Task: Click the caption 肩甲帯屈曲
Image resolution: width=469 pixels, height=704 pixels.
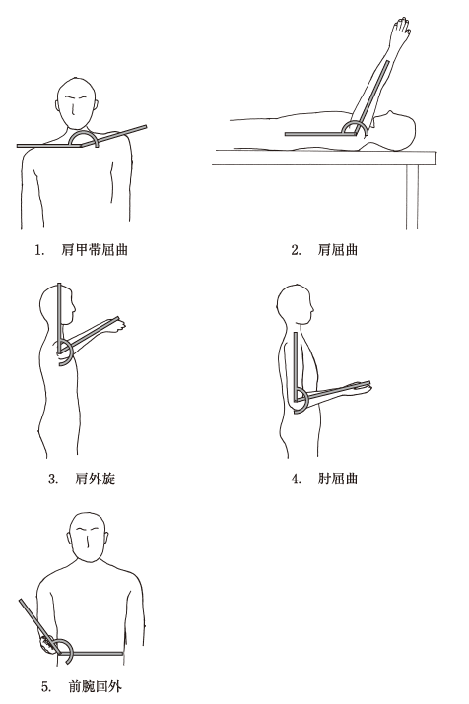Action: tap(95, 250)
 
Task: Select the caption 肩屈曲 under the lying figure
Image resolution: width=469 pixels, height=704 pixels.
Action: tap(337, 250)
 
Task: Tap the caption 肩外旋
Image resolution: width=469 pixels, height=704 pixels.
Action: tap(95, 479)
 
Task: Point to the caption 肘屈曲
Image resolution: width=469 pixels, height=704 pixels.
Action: tap(337, 479)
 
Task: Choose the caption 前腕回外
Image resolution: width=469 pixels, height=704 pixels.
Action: tap(95, 686)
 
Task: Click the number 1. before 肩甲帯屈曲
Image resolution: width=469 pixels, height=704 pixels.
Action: tap(40, 250)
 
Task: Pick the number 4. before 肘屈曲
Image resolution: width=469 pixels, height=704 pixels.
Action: tap(296, 480)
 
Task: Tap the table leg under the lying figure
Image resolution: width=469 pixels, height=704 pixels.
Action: tap(412, 197)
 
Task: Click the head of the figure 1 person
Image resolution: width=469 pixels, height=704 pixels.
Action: tap(77, 104)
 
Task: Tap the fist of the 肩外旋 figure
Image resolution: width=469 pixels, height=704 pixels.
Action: tap(119, 325)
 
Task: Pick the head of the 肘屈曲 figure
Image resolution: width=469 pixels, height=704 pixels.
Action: tap(294, 306)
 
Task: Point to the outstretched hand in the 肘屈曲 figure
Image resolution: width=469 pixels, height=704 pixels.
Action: tap(362, 388)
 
